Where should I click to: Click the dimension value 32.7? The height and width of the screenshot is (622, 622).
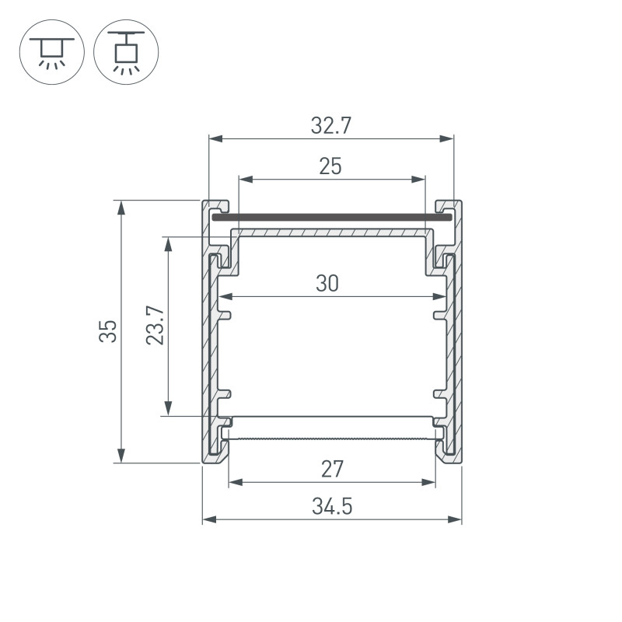(x=330, y=126)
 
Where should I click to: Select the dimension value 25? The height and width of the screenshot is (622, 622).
(x=330, y=166)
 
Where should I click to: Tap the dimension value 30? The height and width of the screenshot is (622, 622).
(x=327, y=284)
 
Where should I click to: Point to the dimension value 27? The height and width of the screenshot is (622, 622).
(x=332, y=469)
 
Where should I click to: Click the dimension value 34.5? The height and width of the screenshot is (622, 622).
(x=332, y=507)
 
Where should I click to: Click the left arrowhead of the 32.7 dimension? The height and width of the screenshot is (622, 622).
(x=215, y=139)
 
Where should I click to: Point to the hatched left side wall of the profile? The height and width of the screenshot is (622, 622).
(x=211, y=350)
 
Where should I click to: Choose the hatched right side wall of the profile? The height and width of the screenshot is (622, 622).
(x=453, y=350)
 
